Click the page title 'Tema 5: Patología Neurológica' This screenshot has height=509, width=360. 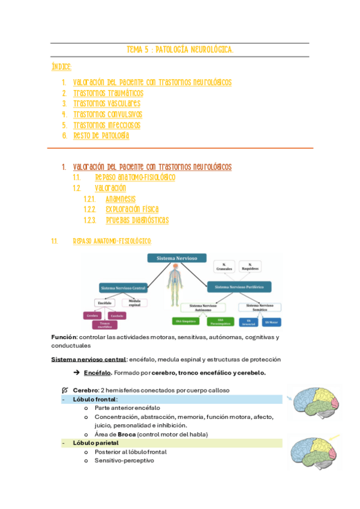tap(180, 50)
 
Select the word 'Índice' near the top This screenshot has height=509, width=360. tap(62, 67)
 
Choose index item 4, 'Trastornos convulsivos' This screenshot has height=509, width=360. tap(107, 114)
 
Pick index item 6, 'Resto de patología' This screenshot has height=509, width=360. tap(101, 136)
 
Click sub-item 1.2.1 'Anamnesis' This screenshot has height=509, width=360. tap(121, 199)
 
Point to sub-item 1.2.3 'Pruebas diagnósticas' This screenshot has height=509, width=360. tap(137, 220)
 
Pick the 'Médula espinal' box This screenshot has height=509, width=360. tap(134, 303)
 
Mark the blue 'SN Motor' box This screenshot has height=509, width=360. tap(271, 322)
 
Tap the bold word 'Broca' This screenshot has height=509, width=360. tap(125, 433)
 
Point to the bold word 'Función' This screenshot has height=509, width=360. tap(64, 337)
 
